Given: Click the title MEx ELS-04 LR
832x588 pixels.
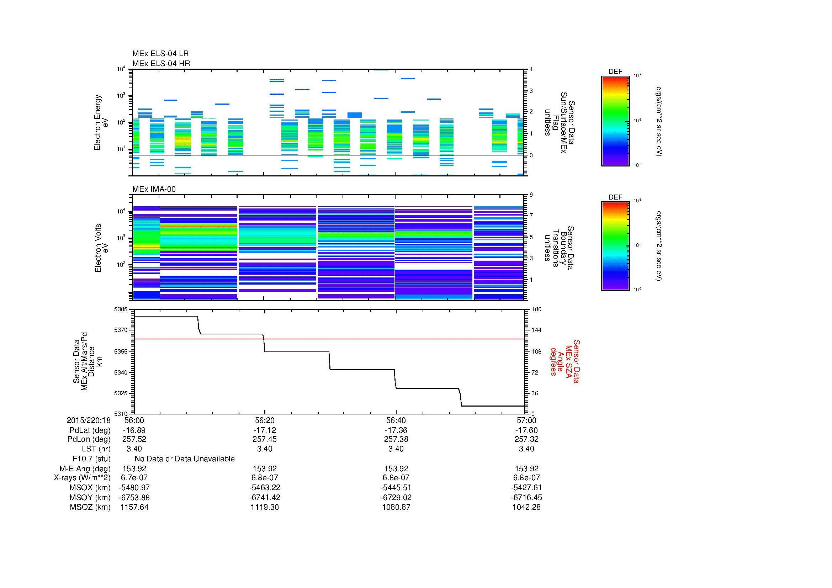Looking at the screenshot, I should point(160,54).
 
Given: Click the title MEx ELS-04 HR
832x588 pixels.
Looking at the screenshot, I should point(161,63).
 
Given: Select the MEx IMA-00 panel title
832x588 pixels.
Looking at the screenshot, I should point(154,189).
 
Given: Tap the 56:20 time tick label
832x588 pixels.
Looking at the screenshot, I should point(265,420).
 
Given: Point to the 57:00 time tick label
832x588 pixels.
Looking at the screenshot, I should point(526,420).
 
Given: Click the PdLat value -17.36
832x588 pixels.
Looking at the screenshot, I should point(396,430).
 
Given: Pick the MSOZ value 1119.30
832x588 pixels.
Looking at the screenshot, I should point(265,507).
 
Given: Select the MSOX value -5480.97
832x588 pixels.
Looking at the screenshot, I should point(134,488).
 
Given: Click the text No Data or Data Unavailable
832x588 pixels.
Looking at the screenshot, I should point(185,459).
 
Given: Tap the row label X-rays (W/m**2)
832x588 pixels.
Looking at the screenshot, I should point(82,478).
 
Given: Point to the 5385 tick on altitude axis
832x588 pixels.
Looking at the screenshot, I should point(121,309).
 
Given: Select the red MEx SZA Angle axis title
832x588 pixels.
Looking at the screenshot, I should point(565,361).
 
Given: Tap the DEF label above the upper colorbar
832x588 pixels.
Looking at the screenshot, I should point(615,72).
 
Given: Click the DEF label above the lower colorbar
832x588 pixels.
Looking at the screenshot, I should point(615,197).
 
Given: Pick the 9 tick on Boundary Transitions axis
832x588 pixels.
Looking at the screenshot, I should point(531,195).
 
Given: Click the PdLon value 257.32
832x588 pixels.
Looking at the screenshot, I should point(526,439).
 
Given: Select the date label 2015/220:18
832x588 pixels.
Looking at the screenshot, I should point(89,420).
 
